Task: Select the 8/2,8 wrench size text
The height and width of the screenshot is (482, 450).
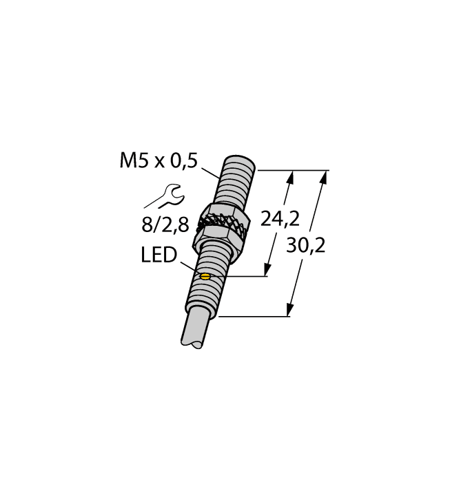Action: pos(163,224)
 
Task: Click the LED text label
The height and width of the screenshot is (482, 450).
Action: pos(158,256)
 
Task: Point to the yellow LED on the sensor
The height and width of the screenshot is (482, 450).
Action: pos(204,277)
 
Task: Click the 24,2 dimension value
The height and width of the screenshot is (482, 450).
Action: pos(280,219)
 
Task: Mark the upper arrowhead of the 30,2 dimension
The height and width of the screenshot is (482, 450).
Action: pos(323,177)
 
